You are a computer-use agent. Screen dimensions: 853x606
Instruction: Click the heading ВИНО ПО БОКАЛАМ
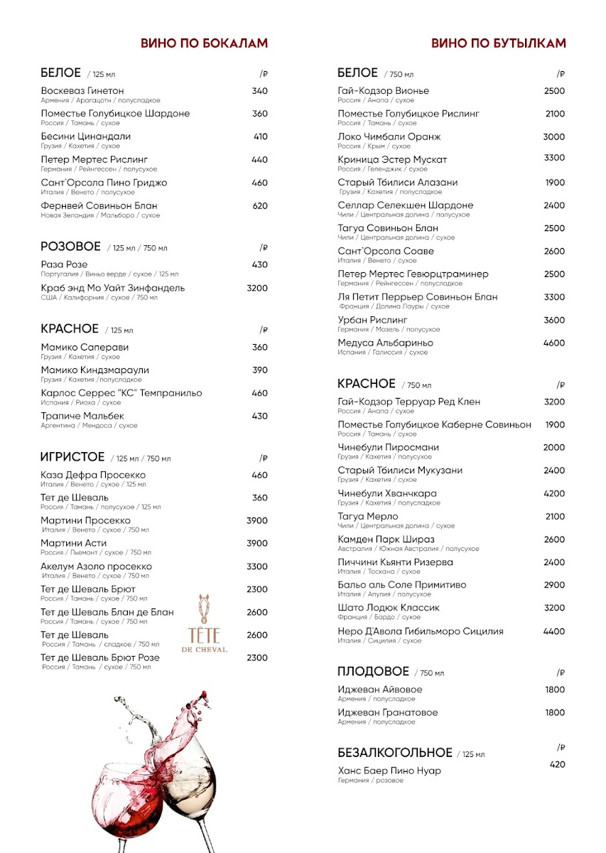point(205,43)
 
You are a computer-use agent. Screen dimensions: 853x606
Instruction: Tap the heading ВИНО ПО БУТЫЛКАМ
point(499,43)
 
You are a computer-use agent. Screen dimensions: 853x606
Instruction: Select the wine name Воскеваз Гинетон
point(82,91)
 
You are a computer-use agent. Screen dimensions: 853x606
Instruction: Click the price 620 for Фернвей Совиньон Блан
point(260,206)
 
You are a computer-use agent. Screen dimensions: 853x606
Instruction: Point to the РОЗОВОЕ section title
point(71,247)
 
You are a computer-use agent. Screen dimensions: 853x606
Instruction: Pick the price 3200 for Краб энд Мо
point(257,288)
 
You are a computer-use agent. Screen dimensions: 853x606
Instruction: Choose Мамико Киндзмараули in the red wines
point(95,370)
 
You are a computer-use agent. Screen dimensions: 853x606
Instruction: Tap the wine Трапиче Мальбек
point(82,416)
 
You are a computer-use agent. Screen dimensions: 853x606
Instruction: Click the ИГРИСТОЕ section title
point(72,457)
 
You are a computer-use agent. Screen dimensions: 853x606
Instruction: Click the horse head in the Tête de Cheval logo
point(205,607)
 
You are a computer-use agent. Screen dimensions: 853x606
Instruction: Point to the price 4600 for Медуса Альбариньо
point(554,343)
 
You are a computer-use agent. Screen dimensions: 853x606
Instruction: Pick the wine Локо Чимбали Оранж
point(389,136)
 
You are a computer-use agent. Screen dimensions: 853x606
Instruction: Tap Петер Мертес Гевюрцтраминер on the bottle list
point(413,274)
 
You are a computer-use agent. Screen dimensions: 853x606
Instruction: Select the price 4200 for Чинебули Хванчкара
point(554,493)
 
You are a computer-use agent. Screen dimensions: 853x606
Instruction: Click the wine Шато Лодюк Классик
point(389,608)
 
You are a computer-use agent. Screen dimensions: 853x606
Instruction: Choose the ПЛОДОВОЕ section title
point(373,672)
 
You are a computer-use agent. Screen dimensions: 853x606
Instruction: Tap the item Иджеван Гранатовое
point(388,713)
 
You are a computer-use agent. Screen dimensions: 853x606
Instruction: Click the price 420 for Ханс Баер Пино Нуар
point(558,765)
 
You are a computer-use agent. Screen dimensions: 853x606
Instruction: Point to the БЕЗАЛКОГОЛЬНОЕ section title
point(395,753)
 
